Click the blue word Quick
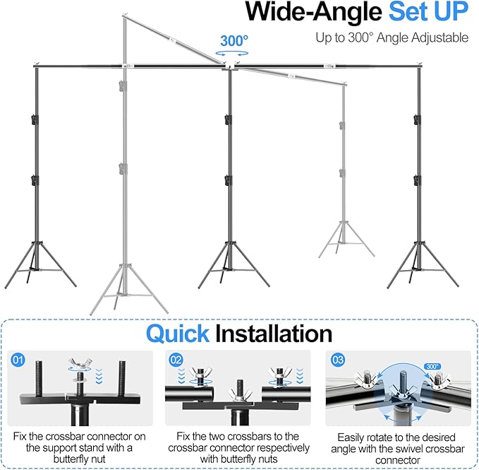[178, 333]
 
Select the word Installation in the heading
[273, 333]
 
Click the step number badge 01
[17, 360]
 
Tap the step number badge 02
[176, 360]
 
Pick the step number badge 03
[338, 360]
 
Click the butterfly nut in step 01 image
[78, 366]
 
